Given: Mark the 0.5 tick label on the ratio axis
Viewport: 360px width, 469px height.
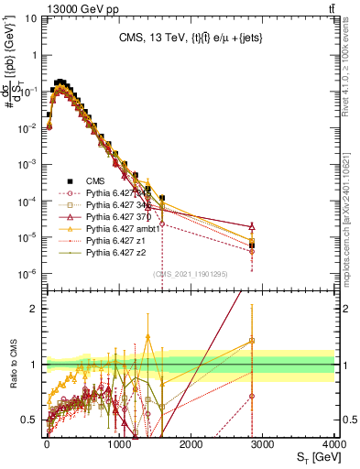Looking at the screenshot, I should coord(31,420).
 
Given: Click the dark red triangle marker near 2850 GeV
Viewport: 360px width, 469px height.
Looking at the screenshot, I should coord(252,225).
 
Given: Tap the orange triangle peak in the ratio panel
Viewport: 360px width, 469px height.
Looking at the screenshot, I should coord(148,336).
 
